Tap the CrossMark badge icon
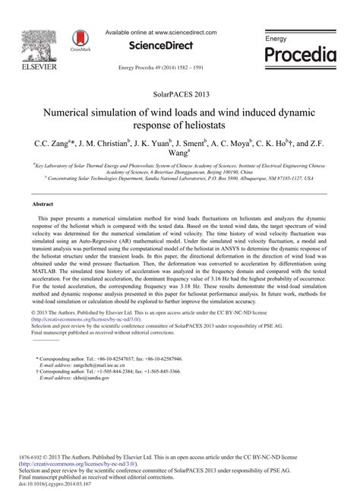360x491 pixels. click(78, 40)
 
